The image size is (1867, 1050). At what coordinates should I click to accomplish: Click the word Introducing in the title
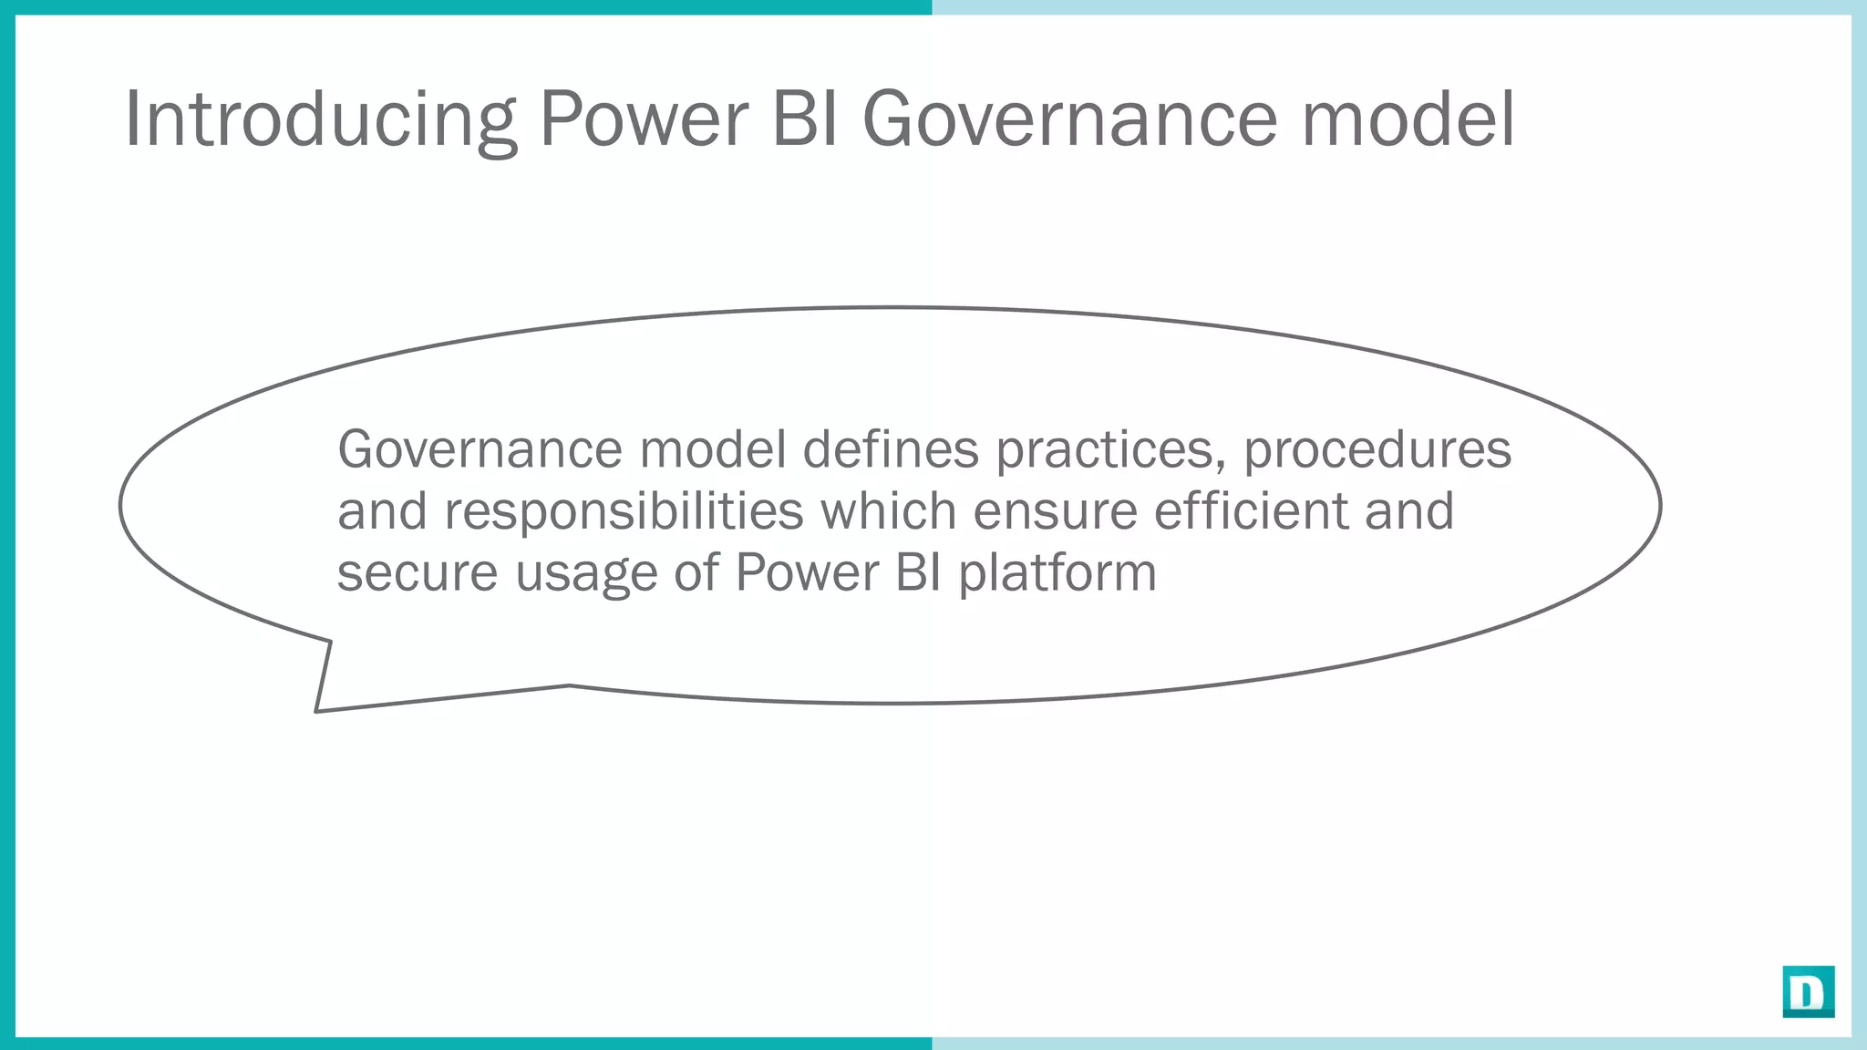coord(319,118)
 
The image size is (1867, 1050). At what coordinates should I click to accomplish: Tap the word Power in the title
coord(644,118)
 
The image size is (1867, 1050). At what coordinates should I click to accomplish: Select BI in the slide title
coord(805,118)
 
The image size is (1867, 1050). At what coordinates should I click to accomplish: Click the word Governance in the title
coord(1070,118)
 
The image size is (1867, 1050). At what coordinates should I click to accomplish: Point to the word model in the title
coord(1408,118)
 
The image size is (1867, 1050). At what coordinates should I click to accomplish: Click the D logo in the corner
coord(1808,992)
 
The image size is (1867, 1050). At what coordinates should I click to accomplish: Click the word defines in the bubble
coord(891,449)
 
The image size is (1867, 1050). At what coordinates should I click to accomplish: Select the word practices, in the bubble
coord(1110,451)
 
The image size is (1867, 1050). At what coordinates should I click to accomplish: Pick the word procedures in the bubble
coord(1377,451)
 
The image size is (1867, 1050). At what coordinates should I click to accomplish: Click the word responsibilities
coord(624,512)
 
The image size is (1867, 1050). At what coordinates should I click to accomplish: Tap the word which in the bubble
coord(888,510)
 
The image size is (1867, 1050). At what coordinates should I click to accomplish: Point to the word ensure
coord(1055,512)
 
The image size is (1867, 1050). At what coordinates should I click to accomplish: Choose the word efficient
coord(1251,510)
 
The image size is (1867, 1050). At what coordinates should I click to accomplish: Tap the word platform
coord(1057,574)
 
